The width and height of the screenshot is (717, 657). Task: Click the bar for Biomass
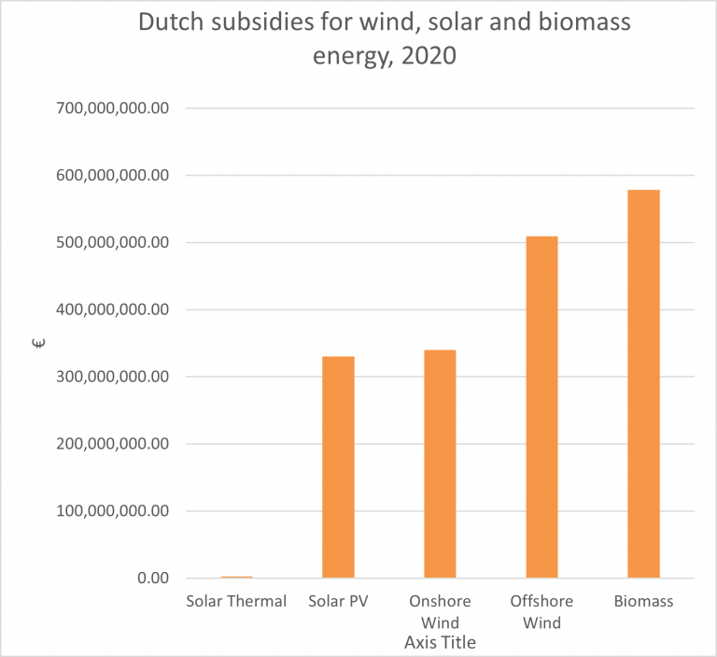(x=643, y=383)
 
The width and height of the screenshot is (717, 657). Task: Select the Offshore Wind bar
(x=541, y=407)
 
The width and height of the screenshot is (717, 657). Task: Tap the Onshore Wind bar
(x=440, y=464)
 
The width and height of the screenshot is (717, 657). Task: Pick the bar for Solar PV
(x=338, y=466)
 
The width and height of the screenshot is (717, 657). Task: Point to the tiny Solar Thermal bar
(x=236, y=577)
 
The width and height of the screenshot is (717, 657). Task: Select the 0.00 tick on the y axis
(x=152, y=578)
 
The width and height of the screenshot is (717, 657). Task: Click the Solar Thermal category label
(x=236, y=601)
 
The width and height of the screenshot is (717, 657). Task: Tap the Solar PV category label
(x=338, y=601)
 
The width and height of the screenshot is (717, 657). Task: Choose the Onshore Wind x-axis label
(x=440, y=611)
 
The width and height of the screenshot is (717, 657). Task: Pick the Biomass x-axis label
(x=643, y=601)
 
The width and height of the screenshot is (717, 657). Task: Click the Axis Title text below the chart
(x=440, y=643)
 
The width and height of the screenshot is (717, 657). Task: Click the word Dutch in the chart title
(x=174, y=23)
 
